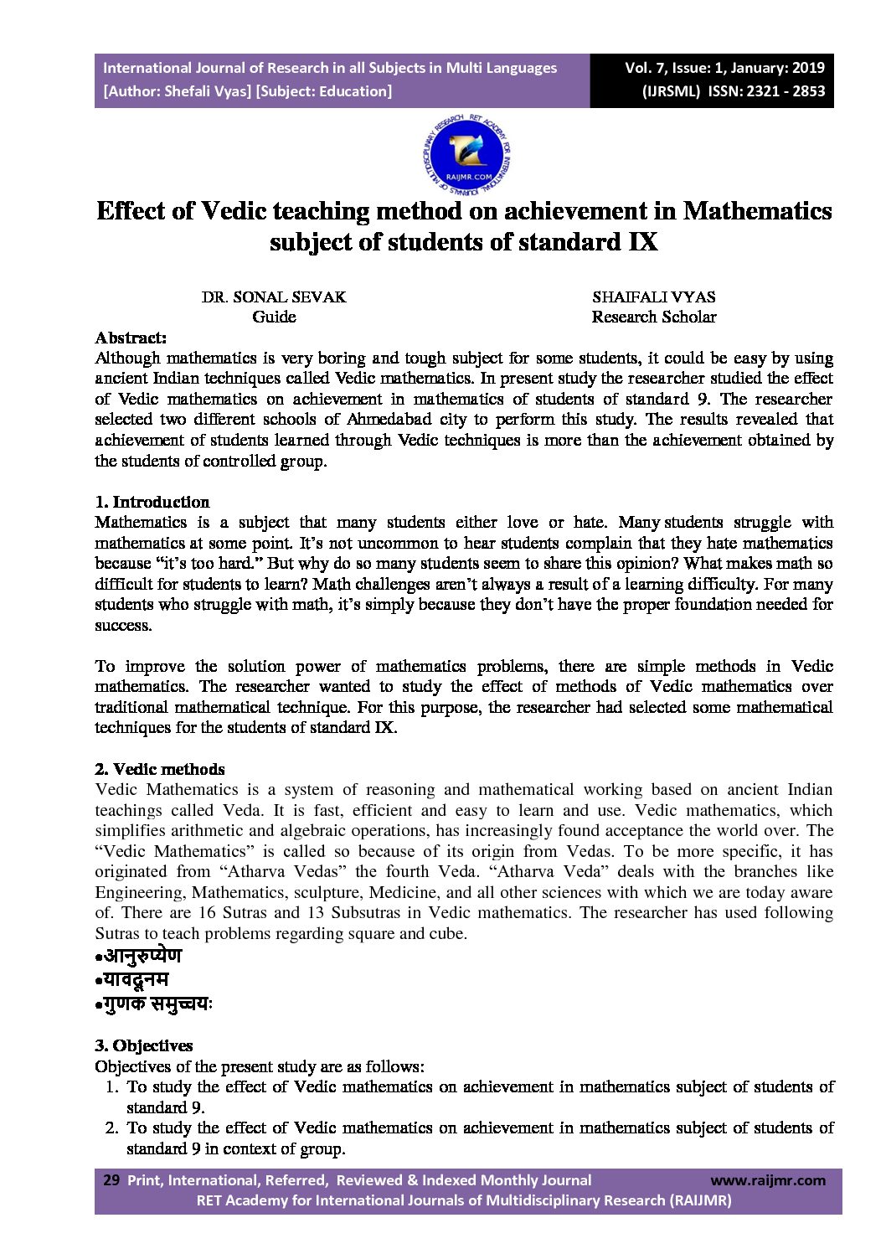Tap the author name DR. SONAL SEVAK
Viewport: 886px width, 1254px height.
[273, 297]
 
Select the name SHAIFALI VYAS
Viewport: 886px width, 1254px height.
[653, 297]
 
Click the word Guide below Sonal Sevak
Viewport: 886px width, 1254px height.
[274, 317]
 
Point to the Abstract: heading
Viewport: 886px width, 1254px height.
[131, 338]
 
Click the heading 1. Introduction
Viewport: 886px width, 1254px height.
[152, 502]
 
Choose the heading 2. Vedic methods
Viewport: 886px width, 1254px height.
[159, 769]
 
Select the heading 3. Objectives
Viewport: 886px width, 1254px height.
[143, 1045]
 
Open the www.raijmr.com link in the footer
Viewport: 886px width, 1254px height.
[767, 1180]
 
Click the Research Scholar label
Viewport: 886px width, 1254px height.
[653, 317]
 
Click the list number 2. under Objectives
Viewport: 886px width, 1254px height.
[111, 1128]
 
